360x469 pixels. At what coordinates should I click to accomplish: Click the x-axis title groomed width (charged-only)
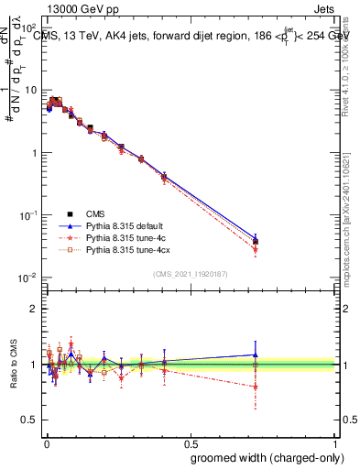[264, 456]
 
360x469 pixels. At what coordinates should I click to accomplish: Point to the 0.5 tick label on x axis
[191, 442]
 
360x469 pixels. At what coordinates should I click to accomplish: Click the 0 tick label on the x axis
[45, 442]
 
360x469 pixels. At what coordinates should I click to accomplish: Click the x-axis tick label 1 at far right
[337, 442]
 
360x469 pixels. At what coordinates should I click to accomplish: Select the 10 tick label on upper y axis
[32, 91]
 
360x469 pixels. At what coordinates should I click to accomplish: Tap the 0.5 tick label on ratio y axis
[30, 422]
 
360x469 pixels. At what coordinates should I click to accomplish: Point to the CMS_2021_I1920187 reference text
[191, 274]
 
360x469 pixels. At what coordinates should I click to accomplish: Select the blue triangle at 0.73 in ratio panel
[256, 354]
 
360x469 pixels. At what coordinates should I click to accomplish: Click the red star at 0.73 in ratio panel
[256, 387]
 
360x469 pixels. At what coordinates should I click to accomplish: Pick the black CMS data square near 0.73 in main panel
[256, 242]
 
